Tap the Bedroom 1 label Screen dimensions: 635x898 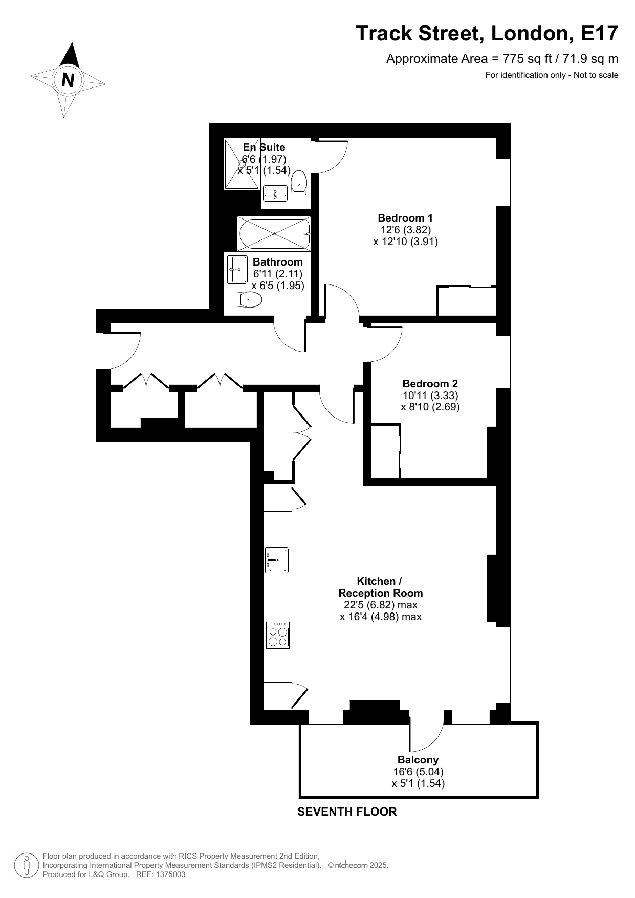(x=405, y=218)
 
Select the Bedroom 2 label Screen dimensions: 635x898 (x=430, y=384)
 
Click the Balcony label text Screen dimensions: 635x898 (x=418, y=760)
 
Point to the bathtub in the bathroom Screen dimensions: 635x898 (x=274, y=234)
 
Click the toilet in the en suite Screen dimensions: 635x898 (x=299, y=183)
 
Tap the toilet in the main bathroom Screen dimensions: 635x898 (x=250, y=299)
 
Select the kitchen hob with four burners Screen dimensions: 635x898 (x=278, y=635)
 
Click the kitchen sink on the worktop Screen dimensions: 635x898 (x=277, y=560)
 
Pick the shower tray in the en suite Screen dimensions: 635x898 (x=242, y=164)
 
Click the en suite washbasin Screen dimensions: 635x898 (x=275, y=194)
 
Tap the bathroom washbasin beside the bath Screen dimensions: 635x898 (x=237, y=269)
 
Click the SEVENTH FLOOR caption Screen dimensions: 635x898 (x=347, y=812)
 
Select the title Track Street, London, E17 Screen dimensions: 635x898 (x=487, y=33)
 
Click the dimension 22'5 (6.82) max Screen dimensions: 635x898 (x=380, y=605)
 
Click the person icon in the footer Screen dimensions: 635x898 (x=27, y=865)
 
